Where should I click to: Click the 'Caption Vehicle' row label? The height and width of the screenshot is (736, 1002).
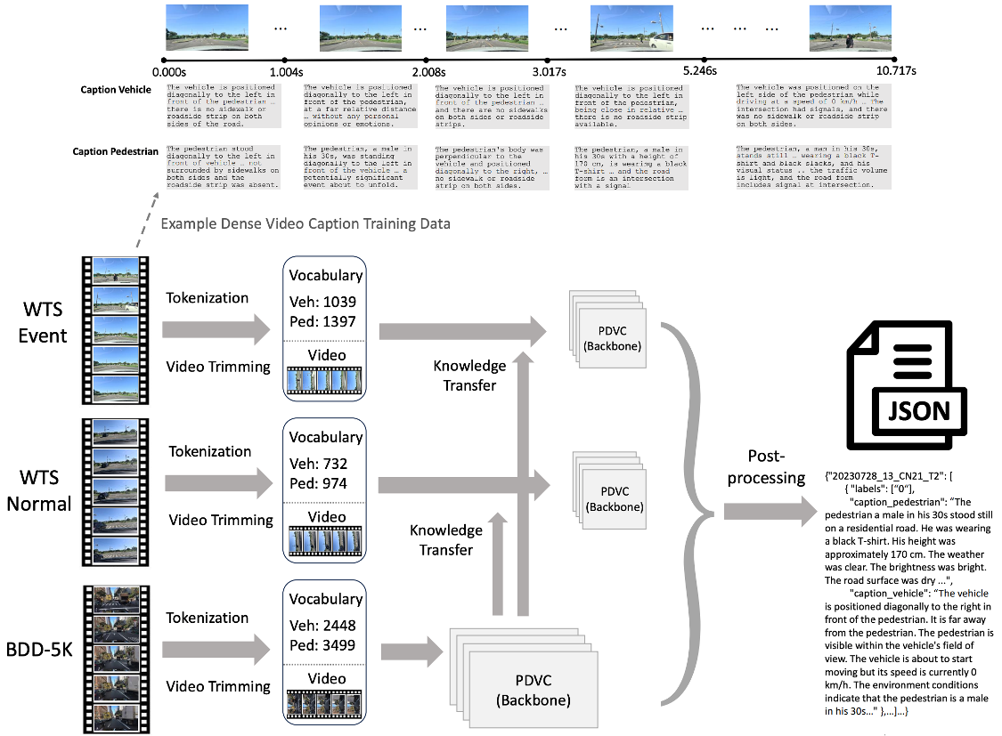click(x=116, y=90)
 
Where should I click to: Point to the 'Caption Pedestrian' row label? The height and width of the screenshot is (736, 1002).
click(x=116, y=151)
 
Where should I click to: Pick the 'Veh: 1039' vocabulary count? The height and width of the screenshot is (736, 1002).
click(x=324, y=302)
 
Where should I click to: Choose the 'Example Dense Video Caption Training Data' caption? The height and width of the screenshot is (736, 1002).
click(x=305, y=223)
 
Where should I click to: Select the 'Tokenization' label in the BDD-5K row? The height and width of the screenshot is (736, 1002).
click(x=208, y=618)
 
